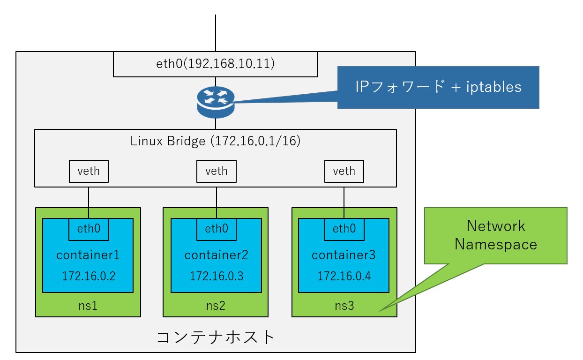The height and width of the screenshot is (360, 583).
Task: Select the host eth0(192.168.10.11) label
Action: tap(216, 64)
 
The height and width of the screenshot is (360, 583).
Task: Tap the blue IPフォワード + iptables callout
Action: tap(438, 87)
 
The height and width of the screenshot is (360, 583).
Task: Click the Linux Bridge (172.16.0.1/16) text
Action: tap(216, 141)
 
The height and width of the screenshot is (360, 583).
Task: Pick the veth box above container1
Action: tap(89, 171)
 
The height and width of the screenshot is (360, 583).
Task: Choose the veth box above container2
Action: tap(217, 171)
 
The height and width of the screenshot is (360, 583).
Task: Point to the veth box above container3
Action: tap(344, 171)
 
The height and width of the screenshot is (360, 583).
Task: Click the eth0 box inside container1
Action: tap(89, 229)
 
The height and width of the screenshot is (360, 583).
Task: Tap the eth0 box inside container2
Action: tap(217, 229)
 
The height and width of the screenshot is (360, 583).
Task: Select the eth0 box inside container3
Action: tap(344, 229)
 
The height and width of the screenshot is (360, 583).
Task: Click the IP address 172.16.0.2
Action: tap(89, 276)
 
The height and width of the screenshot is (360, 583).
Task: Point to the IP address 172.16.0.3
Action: tap(217, 276)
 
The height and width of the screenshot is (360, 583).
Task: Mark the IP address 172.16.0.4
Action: tap(344, 276)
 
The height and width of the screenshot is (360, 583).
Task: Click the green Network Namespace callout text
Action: tap(496, 235)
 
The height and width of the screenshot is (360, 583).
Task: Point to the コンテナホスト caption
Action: tap(216, 337)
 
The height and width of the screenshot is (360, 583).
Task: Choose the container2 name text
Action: tap(216, 255)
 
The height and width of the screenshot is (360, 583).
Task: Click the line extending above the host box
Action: tap(216, 33)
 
